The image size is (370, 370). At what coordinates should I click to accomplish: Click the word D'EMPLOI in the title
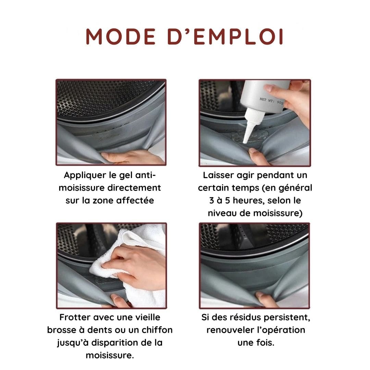click(x=225, y=37)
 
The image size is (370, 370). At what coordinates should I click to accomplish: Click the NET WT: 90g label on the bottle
click(x=271, y=101)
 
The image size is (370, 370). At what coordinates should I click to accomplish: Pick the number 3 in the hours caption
click(x=212, y=200)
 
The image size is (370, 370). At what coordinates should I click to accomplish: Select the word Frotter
click(x=75, y=317)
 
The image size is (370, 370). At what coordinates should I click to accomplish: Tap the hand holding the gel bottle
click(x=293, y=99)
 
